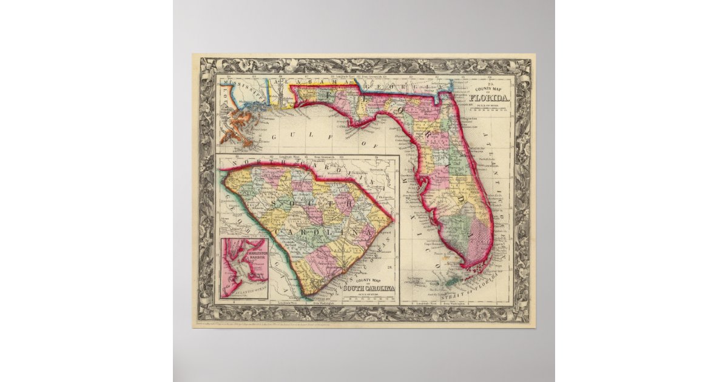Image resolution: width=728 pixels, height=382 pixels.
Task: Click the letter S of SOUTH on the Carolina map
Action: point(277,201)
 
